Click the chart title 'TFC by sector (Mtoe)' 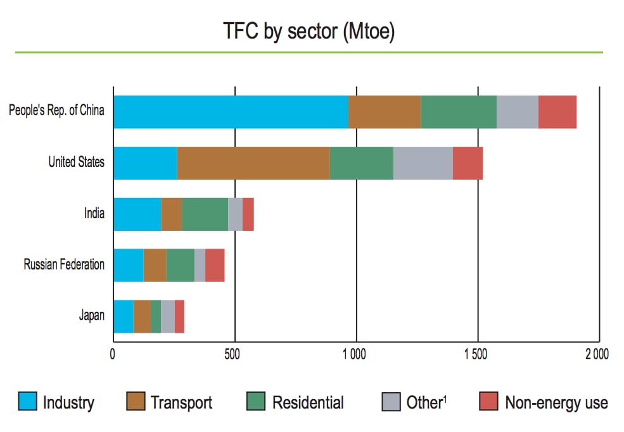click(x=309, y=30)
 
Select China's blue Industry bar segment click(x=231, y=112)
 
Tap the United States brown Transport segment click(x=253, y=163)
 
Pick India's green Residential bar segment click(x=205, y=214)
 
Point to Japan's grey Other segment click(x=167, y=316)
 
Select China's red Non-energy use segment click(x=557, y=112)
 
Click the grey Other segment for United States click(x=423, y=163)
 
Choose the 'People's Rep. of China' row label click(x=56, y=111)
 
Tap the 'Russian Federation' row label click(x=64, y=264)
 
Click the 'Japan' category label click(x=91, y=316)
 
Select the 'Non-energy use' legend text click(x=556, y=402)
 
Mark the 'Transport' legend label click(x=181, y=402)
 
